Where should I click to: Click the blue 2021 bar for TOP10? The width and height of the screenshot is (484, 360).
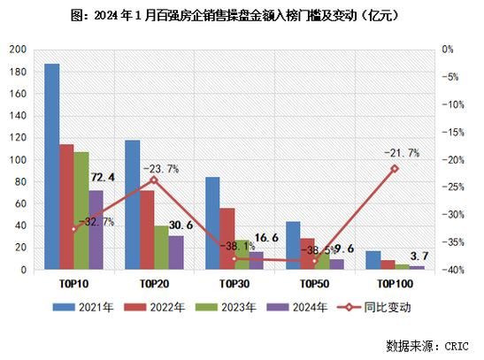pos(52,167)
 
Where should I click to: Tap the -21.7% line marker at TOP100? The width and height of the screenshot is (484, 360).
pos(395,168)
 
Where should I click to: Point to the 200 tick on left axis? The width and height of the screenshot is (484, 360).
pos(17,50)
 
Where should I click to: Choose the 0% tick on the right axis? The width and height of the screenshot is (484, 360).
pos(450,50)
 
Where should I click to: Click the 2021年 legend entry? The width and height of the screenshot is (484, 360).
pos(81,307)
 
